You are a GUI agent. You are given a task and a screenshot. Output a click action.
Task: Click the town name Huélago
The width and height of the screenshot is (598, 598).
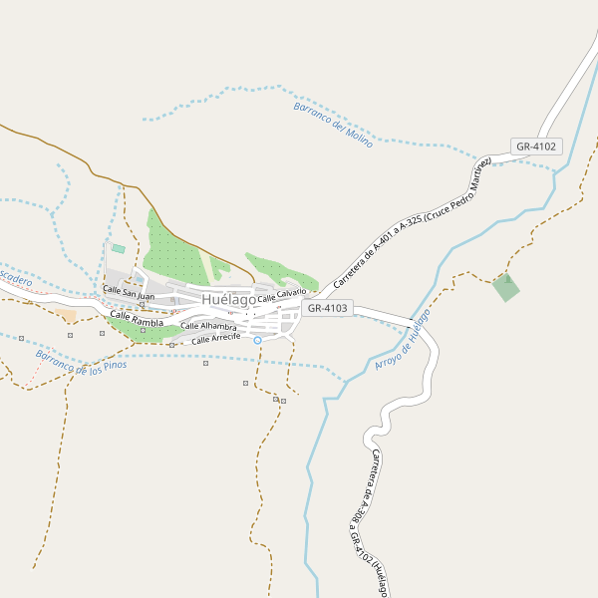click(228, 299)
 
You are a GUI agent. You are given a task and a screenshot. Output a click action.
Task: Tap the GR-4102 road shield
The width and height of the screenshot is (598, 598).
click(537, 147)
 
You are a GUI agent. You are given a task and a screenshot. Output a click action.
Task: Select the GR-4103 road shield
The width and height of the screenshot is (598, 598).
click(328, 308)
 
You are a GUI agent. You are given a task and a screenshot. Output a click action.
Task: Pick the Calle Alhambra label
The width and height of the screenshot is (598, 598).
click(208, 326)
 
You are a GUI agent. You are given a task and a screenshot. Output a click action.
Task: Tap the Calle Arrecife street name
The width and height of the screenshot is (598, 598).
click(216, 339)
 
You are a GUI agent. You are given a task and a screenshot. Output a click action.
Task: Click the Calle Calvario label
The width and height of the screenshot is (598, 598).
click(282, 296)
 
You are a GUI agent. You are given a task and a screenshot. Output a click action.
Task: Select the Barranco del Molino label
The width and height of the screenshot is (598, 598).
click(333, 125)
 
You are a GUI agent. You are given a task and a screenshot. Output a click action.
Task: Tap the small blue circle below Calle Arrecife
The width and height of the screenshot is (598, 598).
click(257, 341)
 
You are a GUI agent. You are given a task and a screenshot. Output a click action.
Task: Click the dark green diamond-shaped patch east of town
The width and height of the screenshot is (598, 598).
click(505, 288)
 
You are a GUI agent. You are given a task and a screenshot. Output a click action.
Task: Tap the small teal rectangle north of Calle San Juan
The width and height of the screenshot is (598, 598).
click(119, 248)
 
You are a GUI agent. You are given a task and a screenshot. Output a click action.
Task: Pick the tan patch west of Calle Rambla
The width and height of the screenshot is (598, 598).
click(66, 316)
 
